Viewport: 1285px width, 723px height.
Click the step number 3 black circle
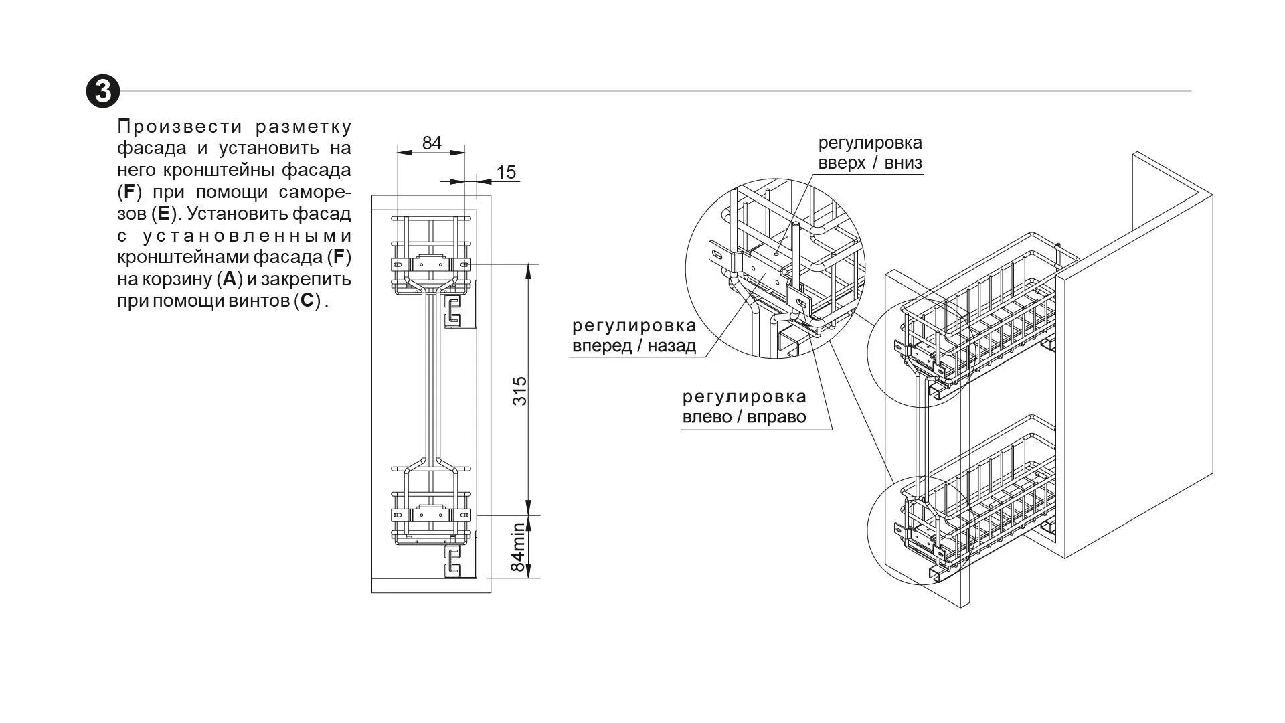coord(103,91)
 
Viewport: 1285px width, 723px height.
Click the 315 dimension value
coord(520,390)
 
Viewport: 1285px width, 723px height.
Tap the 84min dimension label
coord(519,548)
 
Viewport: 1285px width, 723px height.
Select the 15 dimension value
coord(507,173)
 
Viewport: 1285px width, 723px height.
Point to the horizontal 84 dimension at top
coord(432,143)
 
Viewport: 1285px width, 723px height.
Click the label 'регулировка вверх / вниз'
coord(869,153)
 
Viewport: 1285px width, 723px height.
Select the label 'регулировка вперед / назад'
coord(634,336)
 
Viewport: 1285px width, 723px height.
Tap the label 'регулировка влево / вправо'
coord(744,407)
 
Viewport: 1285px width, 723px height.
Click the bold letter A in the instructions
coord(230,278)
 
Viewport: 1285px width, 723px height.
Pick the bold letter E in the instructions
coord(163,214)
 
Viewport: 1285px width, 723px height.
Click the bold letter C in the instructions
coord(307,300)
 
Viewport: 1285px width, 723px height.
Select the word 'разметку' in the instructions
coord(303,127)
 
